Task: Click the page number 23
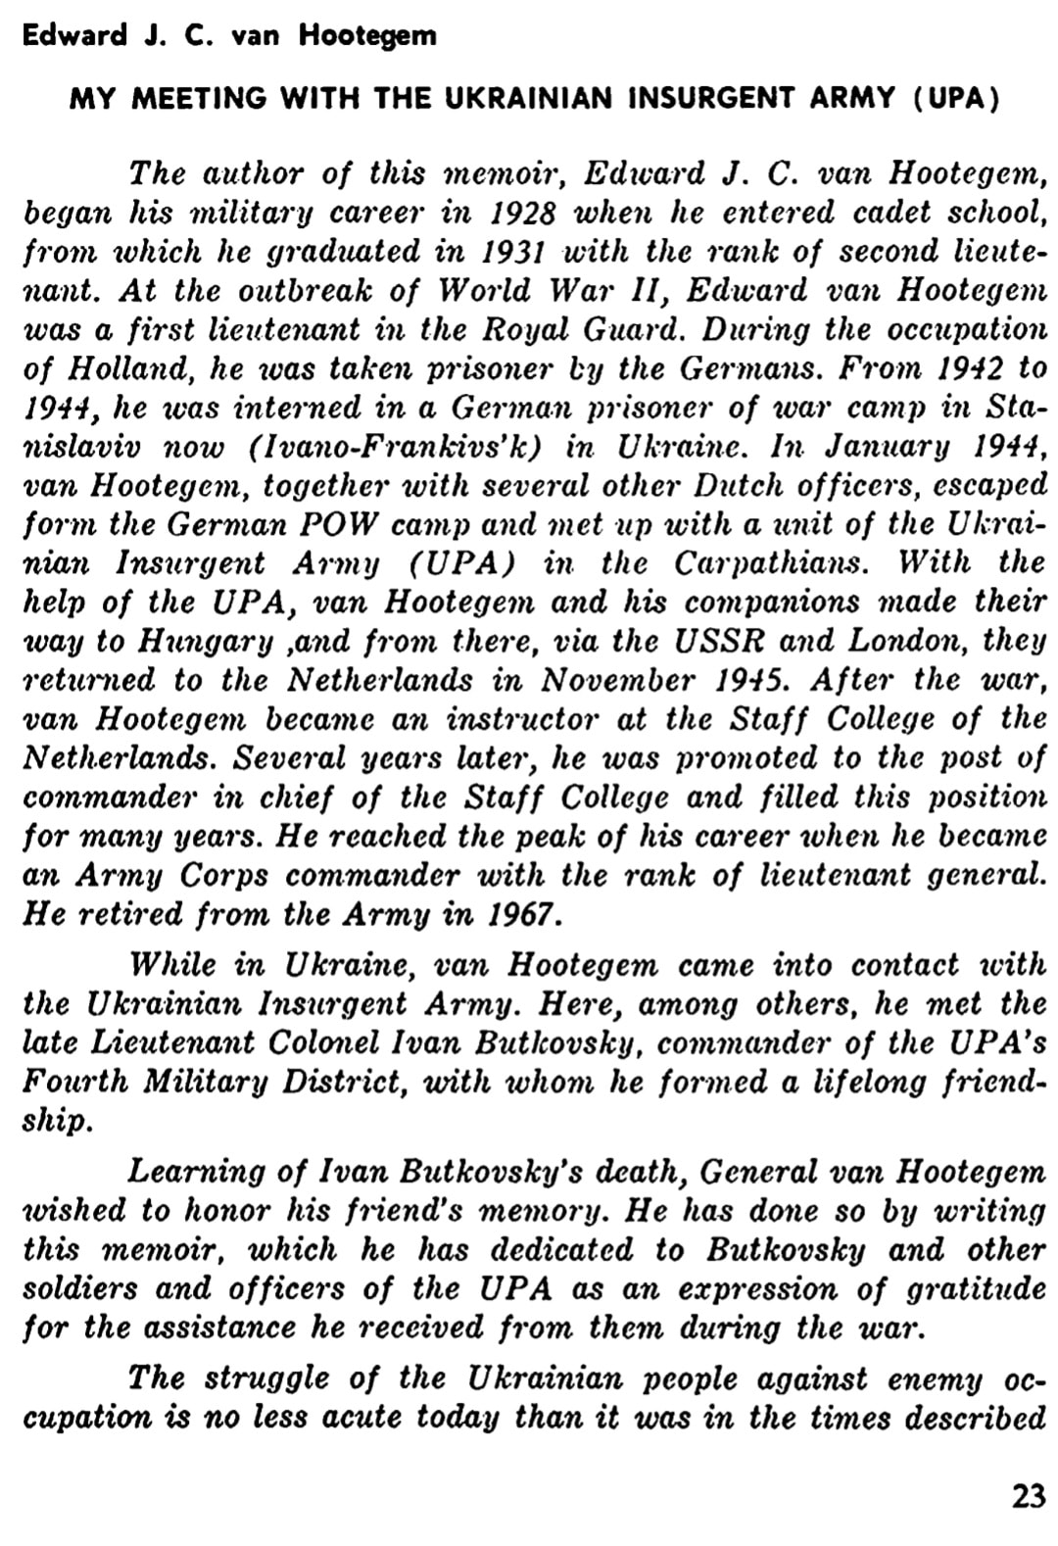[1028, 1497]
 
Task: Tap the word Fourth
[73, 1083]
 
